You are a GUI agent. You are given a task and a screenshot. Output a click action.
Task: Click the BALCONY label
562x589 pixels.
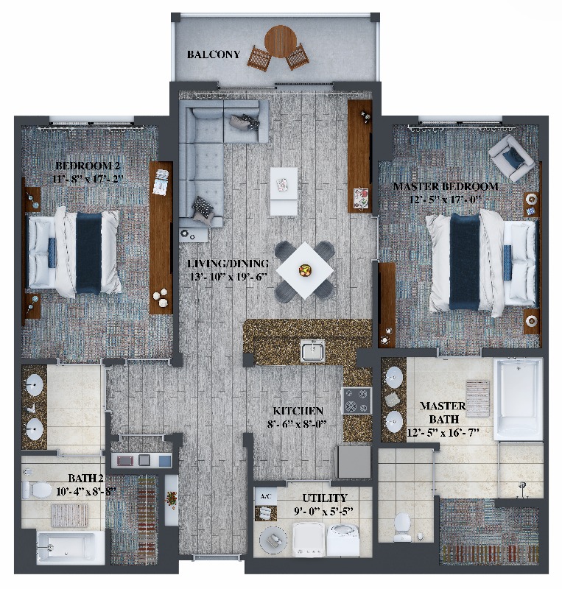tap(214, 54)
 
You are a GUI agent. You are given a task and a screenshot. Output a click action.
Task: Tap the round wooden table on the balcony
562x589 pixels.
tap(281, 41)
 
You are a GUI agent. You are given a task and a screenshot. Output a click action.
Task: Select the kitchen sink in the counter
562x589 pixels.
tap(313, 350)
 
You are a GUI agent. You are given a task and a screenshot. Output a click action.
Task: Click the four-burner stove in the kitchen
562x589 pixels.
tap(356, 401)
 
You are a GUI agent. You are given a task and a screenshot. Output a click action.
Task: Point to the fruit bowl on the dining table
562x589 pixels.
tap(305, 270)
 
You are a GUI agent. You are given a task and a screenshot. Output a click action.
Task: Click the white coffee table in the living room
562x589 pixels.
tap(284, 191)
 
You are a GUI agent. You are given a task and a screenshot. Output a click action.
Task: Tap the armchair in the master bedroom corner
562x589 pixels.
tap(512, 158)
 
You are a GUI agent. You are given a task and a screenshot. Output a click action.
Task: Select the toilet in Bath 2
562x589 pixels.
tap(37, 489)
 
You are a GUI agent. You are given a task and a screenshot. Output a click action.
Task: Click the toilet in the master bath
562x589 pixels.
tap(402, 526)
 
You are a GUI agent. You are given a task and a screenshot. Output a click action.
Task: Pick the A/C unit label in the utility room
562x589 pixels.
tap(266, 496)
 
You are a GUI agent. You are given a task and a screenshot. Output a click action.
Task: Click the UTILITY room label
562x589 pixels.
tap(325, 498)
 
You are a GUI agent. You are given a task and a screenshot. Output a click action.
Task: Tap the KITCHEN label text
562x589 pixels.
tap(298, 411)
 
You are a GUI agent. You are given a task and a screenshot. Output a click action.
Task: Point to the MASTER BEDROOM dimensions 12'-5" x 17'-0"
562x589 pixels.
tap(446, 200)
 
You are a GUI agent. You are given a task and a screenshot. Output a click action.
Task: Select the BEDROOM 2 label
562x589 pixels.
tap(88, 165)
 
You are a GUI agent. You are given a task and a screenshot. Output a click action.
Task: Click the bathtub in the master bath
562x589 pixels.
tap(519, 400)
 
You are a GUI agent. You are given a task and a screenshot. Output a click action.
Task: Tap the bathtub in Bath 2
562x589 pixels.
tap(71, 547)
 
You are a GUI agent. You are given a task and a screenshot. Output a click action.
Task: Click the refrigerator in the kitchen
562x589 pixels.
tap(354, 462)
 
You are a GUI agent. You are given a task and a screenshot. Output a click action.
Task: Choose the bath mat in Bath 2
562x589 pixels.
tap(69, 515)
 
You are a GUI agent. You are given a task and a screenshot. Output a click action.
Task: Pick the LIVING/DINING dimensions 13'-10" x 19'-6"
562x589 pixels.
tap(228, 278)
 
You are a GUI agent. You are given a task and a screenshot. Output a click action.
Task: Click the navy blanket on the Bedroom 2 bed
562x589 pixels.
tap(88, 253)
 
